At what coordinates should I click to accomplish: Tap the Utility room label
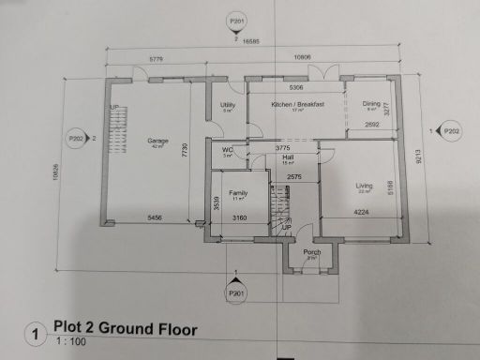tap(227, 105)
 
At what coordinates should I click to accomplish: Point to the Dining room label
tap(370, 105)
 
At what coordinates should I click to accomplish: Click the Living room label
tap(364, 187)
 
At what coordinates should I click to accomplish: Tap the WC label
tap(228, 150)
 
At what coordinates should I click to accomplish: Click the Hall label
tap(289, 158)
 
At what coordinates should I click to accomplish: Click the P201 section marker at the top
tap(236, 20)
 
